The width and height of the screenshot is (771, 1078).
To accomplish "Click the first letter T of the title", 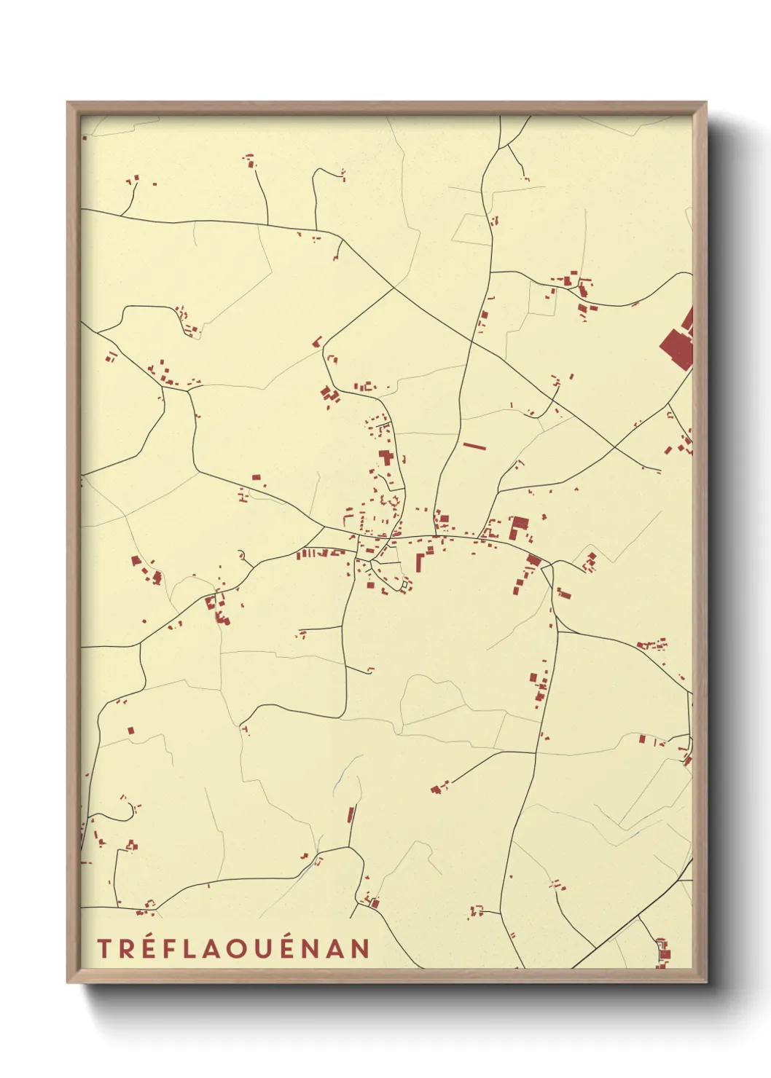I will click(x=103, y=948).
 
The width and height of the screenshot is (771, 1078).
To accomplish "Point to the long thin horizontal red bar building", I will click(x=474, y=445).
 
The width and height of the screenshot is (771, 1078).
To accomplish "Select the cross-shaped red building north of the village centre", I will click(x=385, y=457).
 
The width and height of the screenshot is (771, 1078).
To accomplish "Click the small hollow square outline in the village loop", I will click(x=404, y=583).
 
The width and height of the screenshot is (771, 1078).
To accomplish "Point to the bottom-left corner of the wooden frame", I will click(x=68, y=981).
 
